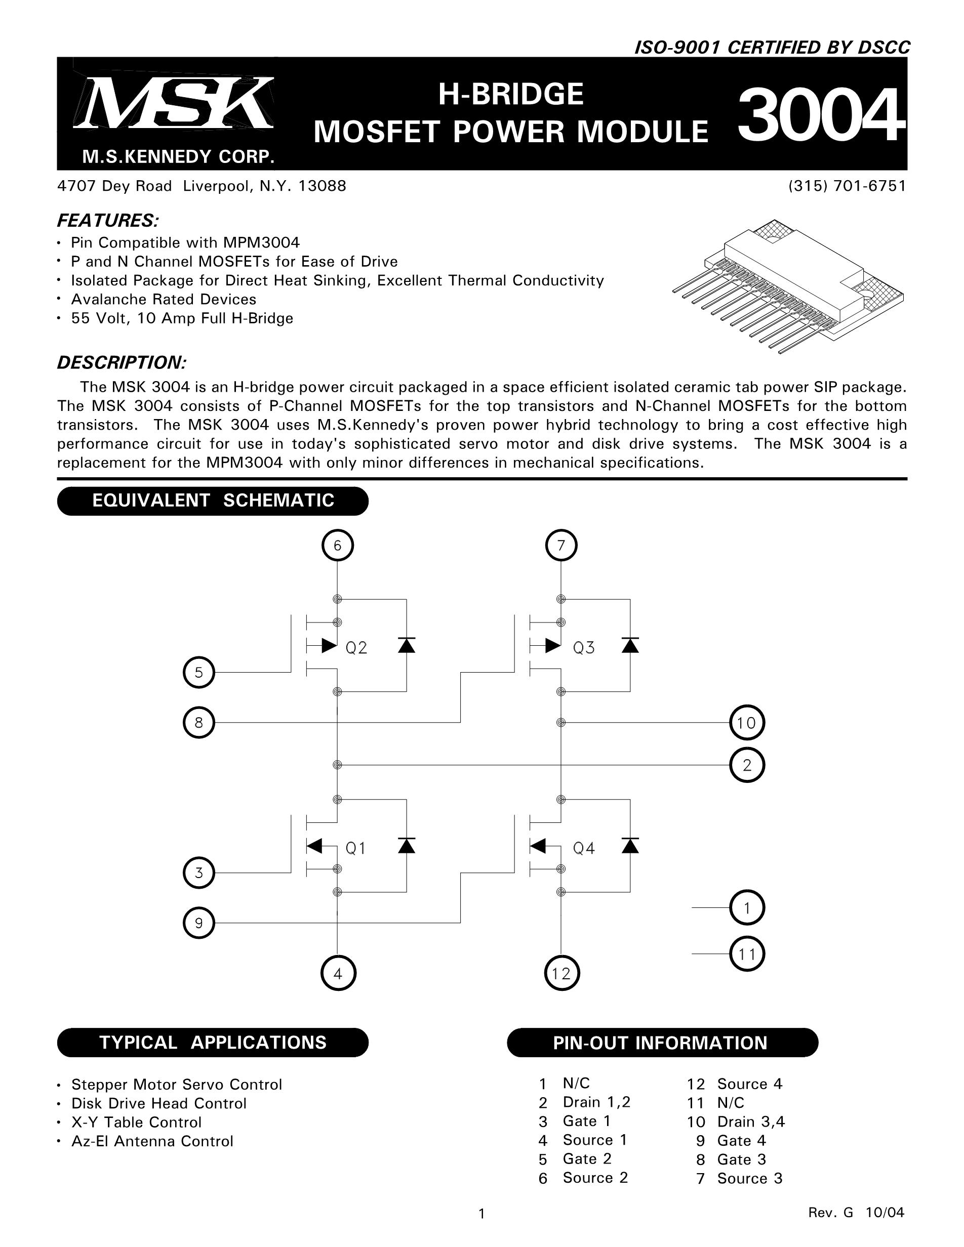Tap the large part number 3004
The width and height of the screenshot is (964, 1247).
[x=821, y=116]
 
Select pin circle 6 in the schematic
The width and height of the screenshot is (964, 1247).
[x=338, y=546]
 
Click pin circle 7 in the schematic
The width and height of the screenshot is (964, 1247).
[x=561, y=546]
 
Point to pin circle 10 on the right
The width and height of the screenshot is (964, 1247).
[x=746, y=723]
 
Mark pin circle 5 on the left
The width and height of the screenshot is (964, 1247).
[x=199, y=673]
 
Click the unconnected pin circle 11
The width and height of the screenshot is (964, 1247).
[x=746, y=953]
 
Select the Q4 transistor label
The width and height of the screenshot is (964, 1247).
[x=584, y=849]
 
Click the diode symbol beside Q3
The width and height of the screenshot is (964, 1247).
[x=630, y=645]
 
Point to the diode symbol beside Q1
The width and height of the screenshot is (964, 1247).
[x=407, y=846]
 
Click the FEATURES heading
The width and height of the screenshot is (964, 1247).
[x=108, y=220]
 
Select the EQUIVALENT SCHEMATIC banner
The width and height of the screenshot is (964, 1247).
[x=213, y=501]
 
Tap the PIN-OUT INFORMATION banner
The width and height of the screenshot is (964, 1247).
[x=662, y=1043]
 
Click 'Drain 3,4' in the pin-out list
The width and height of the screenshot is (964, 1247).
[x=750, y=1121]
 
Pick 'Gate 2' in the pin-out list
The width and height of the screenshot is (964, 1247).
[x=586, y=1158]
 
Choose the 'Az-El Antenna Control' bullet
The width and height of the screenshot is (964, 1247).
[x=152, y=1141]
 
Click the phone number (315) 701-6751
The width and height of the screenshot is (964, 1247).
[x=847, y=186]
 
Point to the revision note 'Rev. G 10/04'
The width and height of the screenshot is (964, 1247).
[x=856, y=1212]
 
